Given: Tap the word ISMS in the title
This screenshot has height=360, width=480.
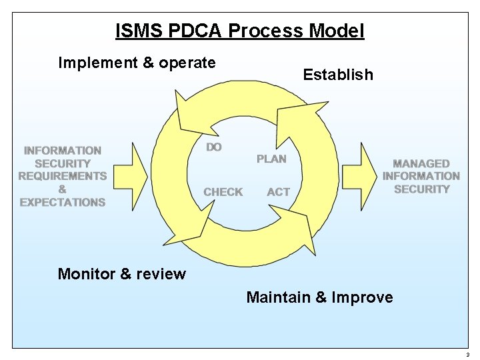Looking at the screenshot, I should pos(136,31).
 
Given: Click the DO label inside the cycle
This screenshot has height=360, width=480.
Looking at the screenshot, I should pos(214,147).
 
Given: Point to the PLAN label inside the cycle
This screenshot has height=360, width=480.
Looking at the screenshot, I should pos(271,159).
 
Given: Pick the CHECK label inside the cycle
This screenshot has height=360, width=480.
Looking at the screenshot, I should pos(223,192).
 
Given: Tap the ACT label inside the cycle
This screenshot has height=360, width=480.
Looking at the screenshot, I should pos(278,192).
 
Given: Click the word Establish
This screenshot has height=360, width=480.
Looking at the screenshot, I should pos(338,75).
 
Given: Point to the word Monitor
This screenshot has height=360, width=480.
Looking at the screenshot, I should pos(85,274).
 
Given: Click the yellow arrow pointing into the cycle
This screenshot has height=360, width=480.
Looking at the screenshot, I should pos(131,176).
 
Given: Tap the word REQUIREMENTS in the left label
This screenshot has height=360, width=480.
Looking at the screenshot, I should pos(62,176).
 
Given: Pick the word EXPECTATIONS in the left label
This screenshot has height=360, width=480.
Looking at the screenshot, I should pos(62,202).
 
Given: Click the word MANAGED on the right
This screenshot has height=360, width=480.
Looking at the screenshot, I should pos(421,163).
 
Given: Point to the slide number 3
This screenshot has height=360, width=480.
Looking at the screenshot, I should pos(468,355).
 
